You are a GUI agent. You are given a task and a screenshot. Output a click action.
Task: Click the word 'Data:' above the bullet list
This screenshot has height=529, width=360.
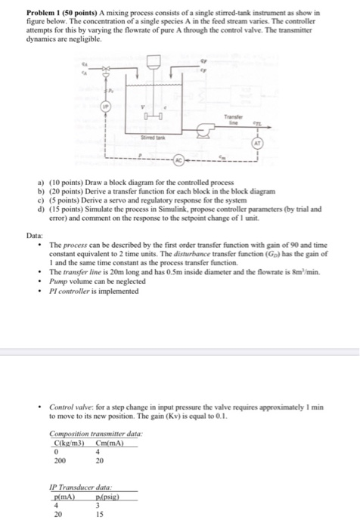(x=35, y=215)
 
